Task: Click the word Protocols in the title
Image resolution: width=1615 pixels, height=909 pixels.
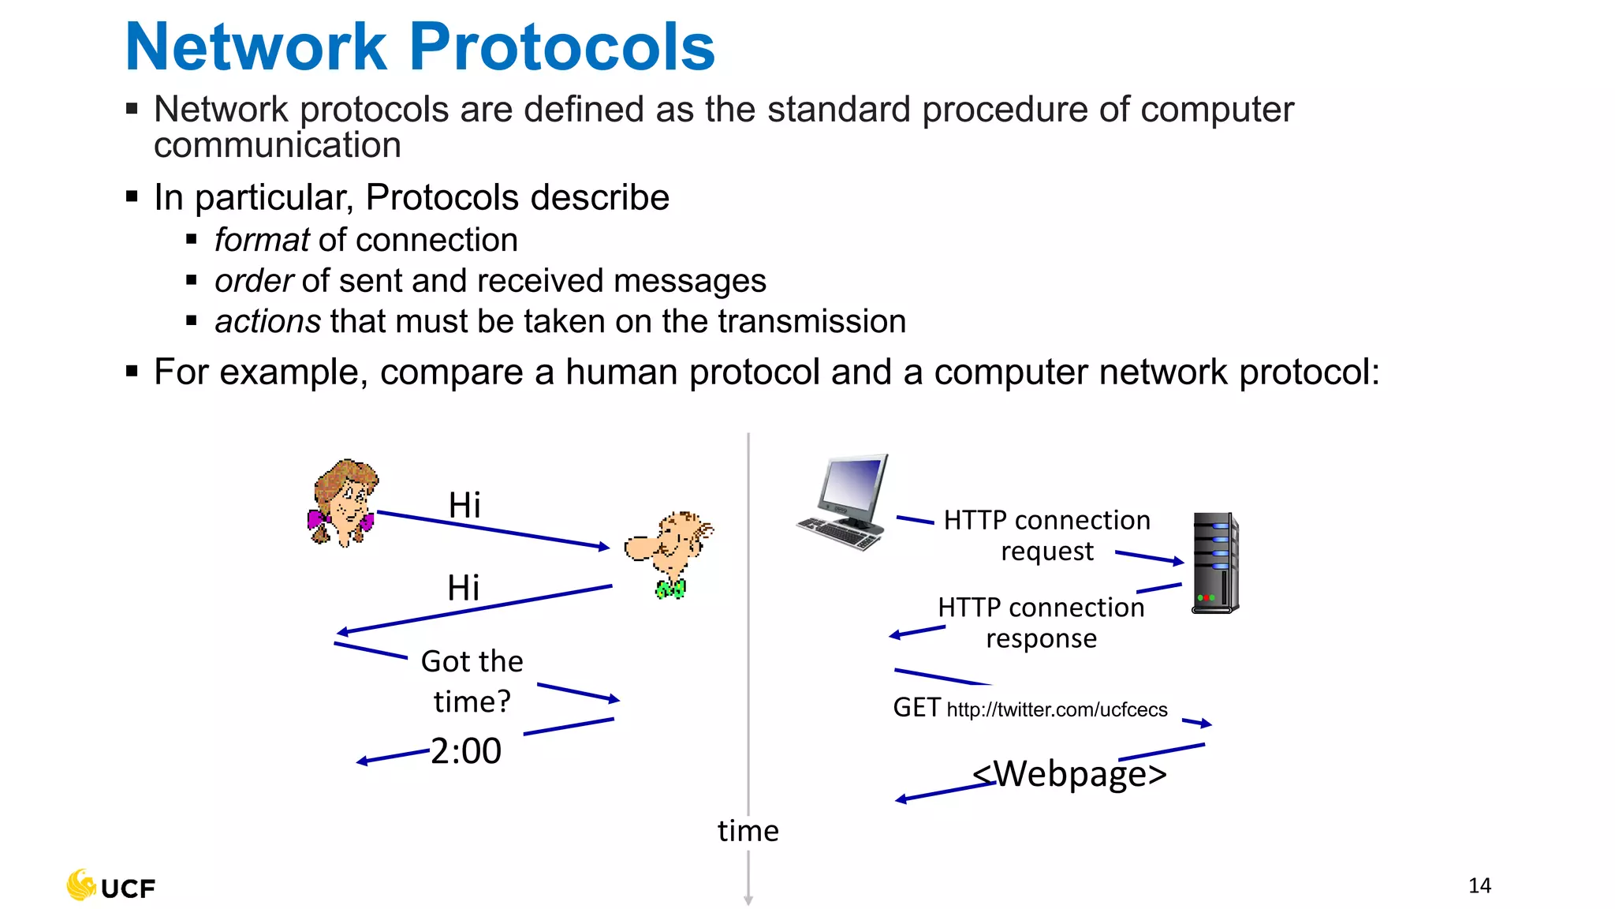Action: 561,47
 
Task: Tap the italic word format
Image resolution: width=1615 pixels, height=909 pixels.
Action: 262,240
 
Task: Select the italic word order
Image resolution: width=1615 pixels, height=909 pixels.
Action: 254,281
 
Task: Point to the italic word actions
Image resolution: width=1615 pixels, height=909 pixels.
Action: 267,322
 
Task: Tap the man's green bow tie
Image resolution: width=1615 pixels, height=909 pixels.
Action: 670,589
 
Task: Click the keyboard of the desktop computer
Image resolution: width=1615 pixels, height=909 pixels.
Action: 841,533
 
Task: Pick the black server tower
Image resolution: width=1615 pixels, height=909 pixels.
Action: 1214,562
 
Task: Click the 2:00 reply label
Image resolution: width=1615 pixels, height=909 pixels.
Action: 466,751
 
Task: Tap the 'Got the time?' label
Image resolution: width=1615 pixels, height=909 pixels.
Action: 472,681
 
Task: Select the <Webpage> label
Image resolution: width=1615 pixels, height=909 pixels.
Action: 1069,774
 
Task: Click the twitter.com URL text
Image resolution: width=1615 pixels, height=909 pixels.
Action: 1057,710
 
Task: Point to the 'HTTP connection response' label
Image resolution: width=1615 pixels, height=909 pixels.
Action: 1041,623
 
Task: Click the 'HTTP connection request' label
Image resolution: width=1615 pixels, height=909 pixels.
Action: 1047,536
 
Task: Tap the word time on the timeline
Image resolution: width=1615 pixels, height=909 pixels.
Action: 748,831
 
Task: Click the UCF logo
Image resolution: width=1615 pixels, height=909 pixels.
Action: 111,886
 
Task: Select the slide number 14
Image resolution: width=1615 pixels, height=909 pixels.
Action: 1479,885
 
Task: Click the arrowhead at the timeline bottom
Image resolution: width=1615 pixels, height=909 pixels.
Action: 748,900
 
